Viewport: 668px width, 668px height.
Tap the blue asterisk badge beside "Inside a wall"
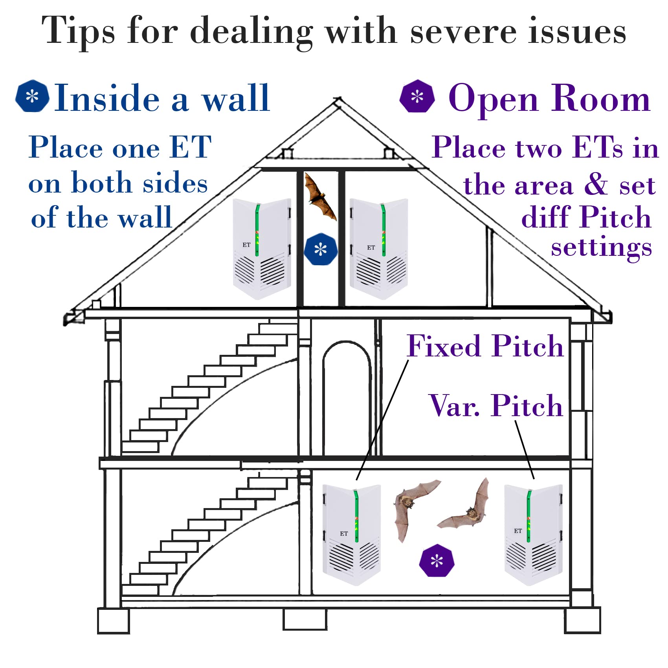[x=32, y=96]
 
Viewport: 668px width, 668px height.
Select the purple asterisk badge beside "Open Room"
[x=417, y=96]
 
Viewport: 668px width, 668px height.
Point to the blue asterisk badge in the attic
[x=321, y=249]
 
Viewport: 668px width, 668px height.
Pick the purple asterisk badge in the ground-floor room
[x=437, y=561]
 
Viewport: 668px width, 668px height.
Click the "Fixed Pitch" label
[x=485, y=346]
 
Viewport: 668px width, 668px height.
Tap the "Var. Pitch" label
[x=496, y=406]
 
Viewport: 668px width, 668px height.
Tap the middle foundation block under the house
[x=305, y=620]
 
